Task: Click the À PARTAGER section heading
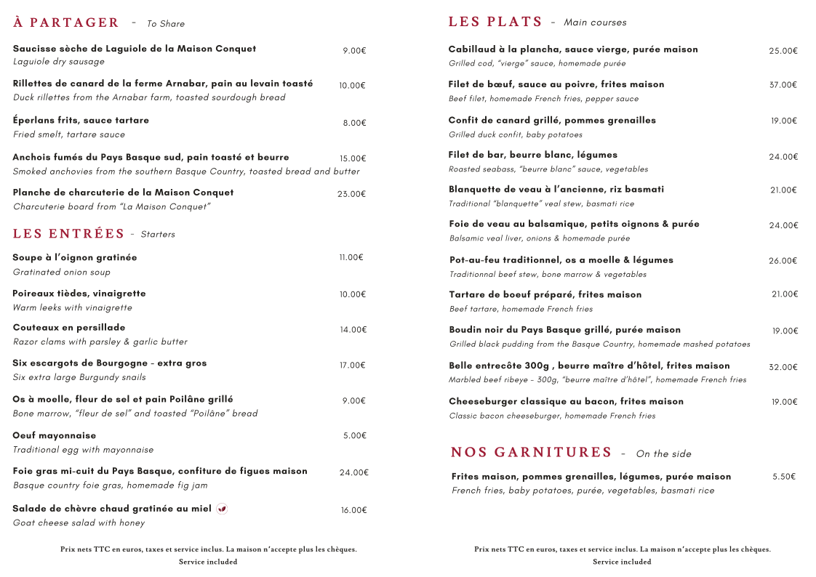pos(66,23)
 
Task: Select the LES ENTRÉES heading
pos(69,233)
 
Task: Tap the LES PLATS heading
pos(495,22)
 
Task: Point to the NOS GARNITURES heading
pos(532,453)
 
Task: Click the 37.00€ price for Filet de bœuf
pos(783,85)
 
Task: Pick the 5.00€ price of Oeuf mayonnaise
pos(354,436)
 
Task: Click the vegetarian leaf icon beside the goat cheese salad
pos(222,509)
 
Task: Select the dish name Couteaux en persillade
pos(69,328)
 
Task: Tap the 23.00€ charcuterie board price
pos(351,194)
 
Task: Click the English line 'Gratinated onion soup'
pos(62,272)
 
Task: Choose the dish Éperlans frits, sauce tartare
pos(81,120)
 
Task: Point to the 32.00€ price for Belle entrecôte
pos(783,367)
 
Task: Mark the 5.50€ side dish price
pos(784,477)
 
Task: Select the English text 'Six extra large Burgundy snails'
pos(79,377)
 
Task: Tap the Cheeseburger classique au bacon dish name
pos(566,401)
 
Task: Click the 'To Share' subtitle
pos(166,24)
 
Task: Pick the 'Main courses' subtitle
pos(595,23)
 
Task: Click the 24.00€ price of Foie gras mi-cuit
pos(354,472)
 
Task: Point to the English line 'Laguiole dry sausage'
pos(59,62)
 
